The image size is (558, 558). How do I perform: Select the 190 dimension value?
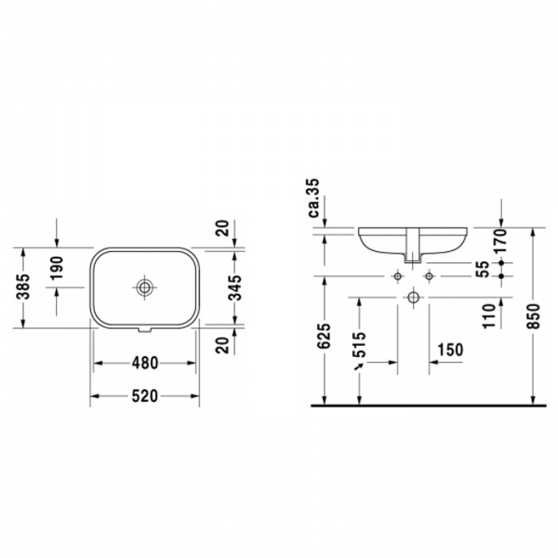click(56, 267)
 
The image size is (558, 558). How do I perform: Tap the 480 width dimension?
click(144, 363)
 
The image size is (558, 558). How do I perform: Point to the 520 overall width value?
click(144, 395)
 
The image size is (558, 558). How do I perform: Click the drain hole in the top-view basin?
click(145, 286)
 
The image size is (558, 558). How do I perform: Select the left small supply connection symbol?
click(397, 276)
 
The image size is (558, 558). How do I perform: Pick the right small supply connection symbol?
click(429, 276)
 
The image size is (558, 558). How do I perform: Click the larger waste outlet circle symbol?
click(413, 298)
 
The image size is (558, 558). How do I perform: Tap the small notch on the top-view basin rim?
click(145, 327)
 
